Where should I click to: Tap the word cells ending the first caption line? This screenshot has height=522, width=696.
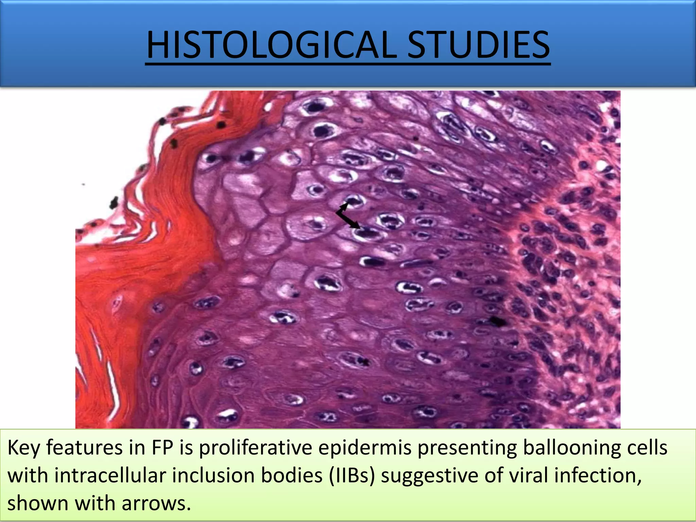[x=647, y=448]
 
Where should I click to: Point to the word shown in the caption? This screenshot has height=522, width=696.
[x=37, y=503]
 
